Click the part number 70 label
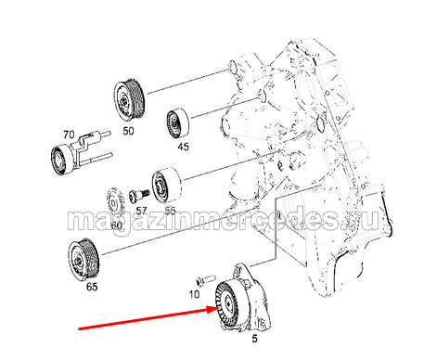click(x=69, y=135)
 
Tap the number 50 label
click(x=128, y=131)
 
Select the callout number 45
click(x=183, y=147)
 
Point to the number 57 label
click(x=141, y=211)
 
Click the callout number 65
click(x=92, y=287)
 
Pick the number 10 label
click(x=194, y=294)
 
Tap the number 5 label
click(x=254, y=339)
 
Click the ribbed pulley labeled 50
click(x=129, y=99)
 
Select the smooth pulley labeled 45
click(x=177, y=122)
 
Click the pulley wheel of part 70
click(x=62, y=160)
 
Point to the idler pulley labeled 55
click(x=166, y=186)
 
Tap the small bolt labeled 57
click(x=139, y=195)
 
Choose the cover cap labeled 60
click(x=114, y=203)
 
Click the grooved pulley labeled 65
click(x=84, y=259)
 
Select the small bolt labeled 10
click(x=205, y=279)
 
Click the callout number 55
click(x=170, y=211)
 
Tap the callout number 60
click(x=116, y=225)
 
